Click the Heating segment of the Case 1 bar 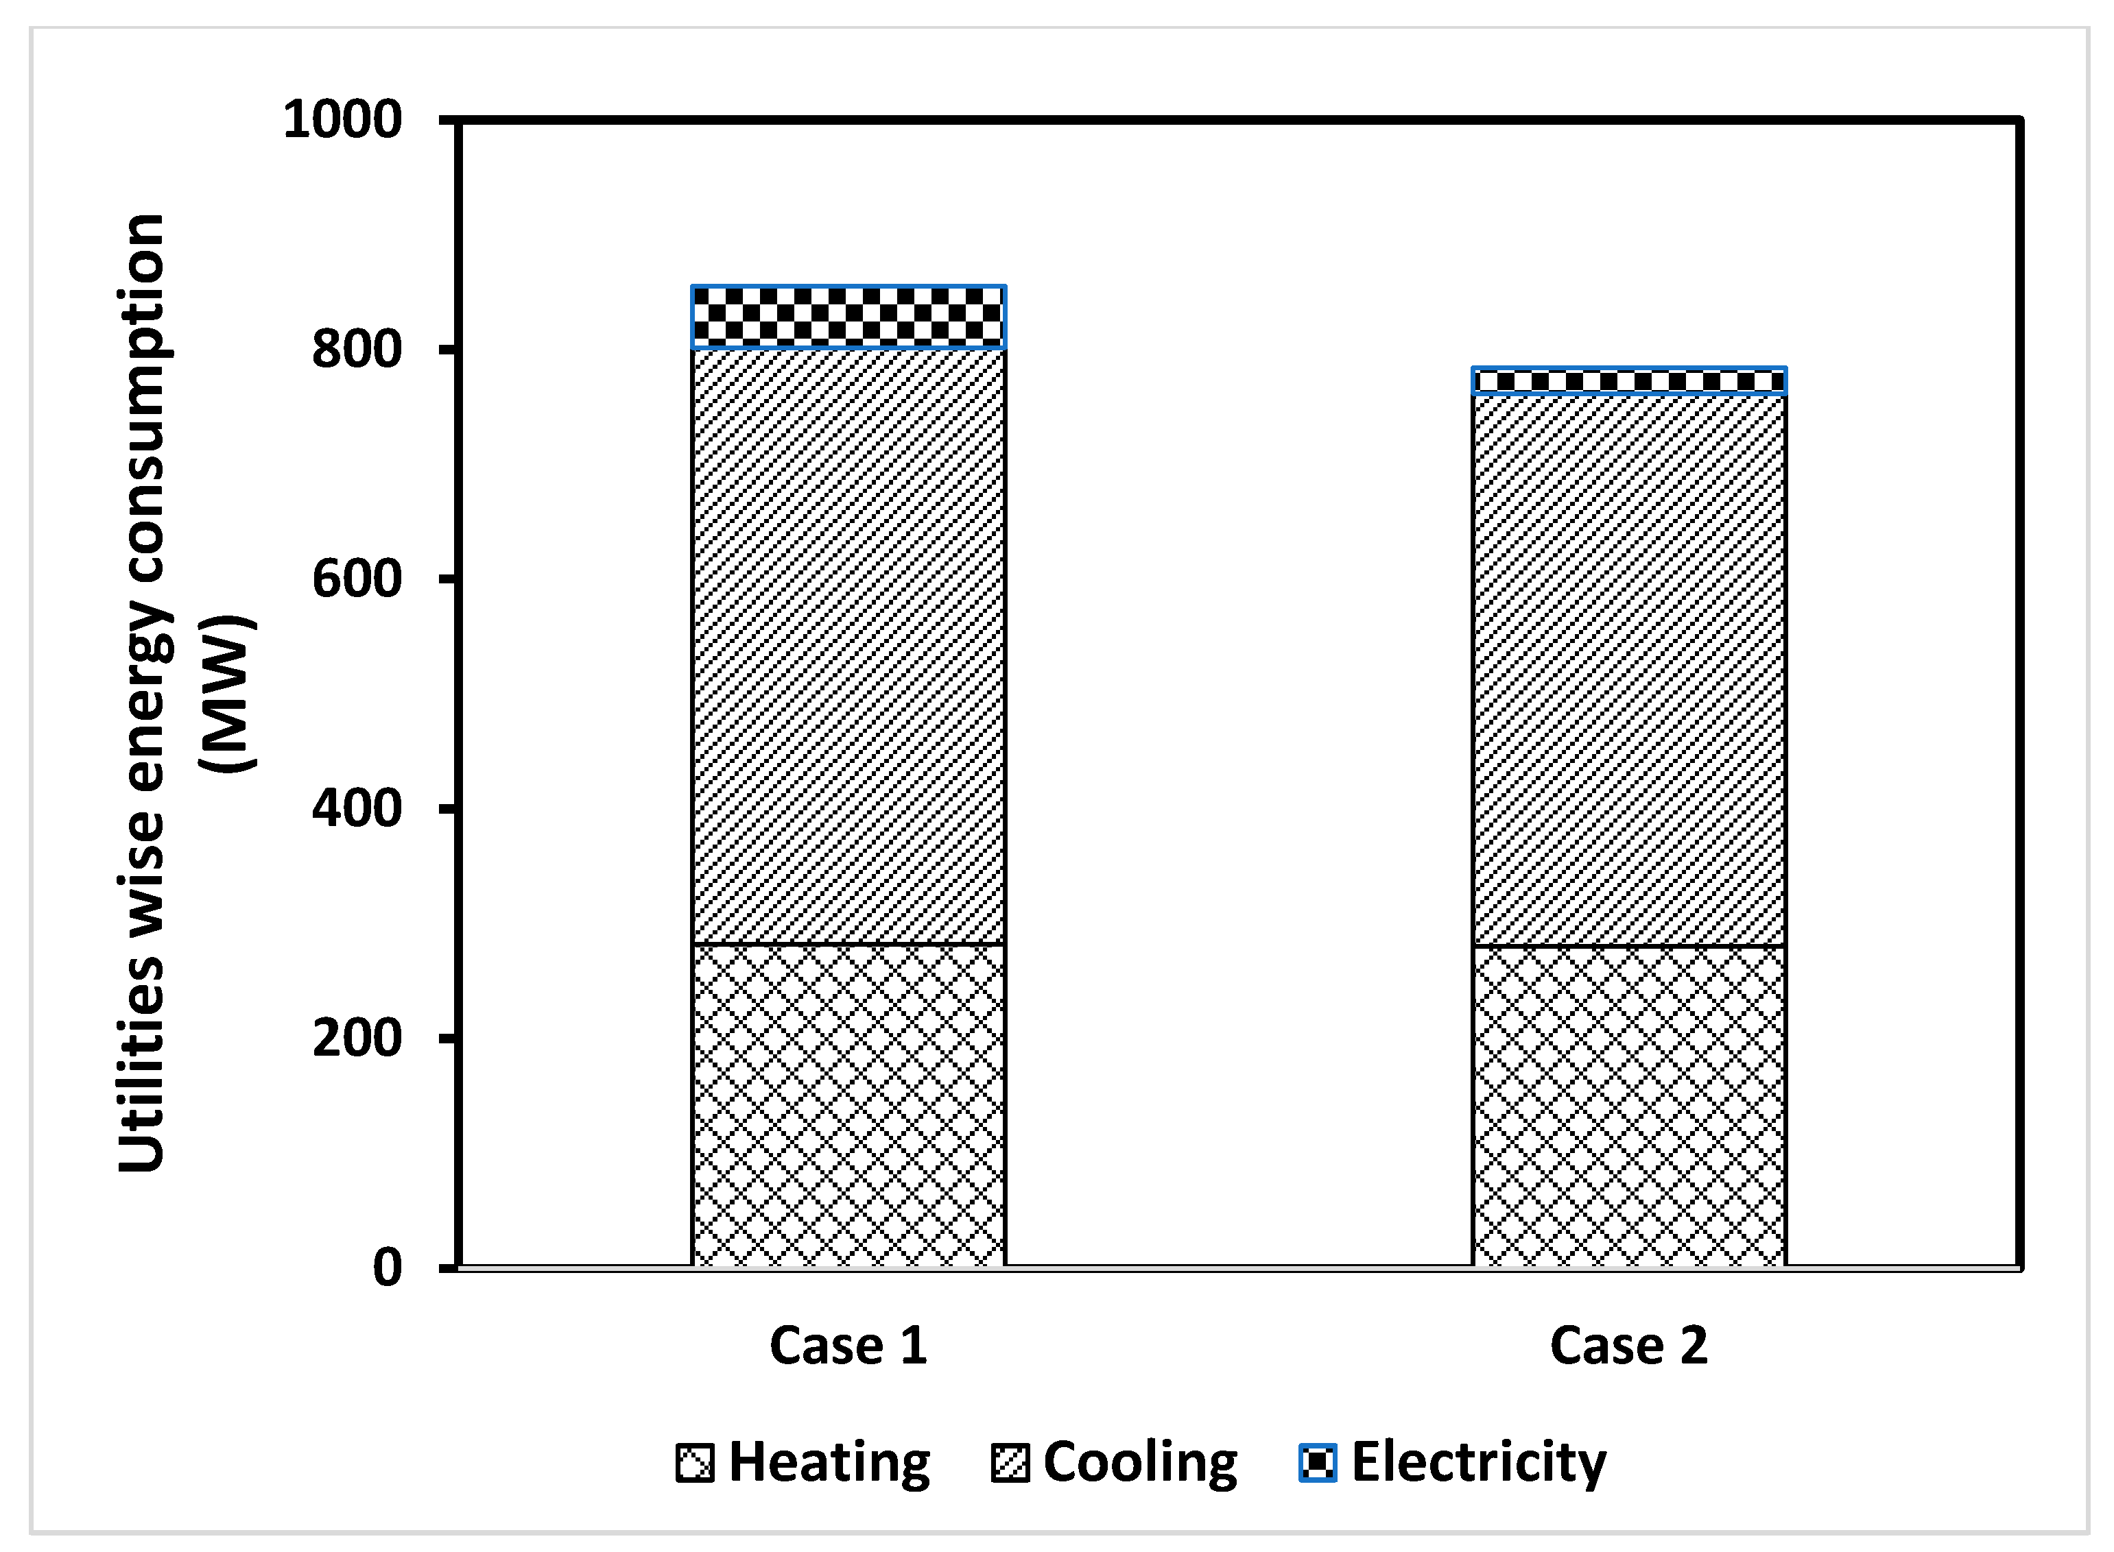(848, 1105)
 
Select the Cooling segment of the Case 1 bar (848, 646)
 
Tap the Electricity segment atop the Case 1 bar (848, 317)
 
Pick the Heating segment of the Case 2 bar (1628, 1106)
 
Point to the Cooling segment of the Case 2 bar (1628, 669)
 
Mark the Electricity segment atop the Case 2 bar (1628, 381)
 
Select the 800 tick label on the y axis (357, 350)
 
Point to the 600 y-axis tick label (357, 579)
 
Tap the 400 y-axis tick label (357, 808)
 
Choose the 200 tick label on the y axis (357, 1038)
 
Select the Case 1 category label (848, 1345)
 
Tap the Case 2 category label (1628, 1345)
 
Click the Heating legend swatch (695, 1463)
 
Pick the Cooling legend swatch (1010, 1463)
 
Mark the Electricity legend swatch (1317, 1463)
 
